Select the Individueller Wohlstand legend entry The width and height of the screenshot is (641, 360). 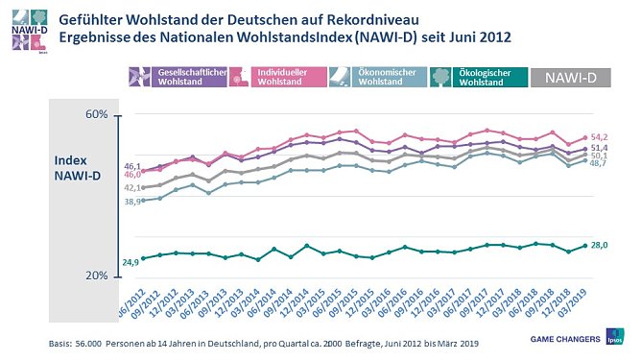click(273, 78)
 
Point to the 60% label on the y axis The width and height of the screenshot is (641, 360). click(97, 115)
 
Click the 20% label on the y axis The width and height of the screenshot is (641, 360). click(97, 276)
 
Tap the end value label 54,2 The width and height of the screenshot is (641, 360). click(600, 137)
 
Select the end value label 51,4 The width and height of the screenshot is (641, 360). click(600, 148)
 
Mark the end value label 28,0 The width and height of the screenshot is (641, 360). click(600, 246)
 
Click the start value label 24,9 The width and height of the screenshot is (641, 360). click(131, 261)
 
